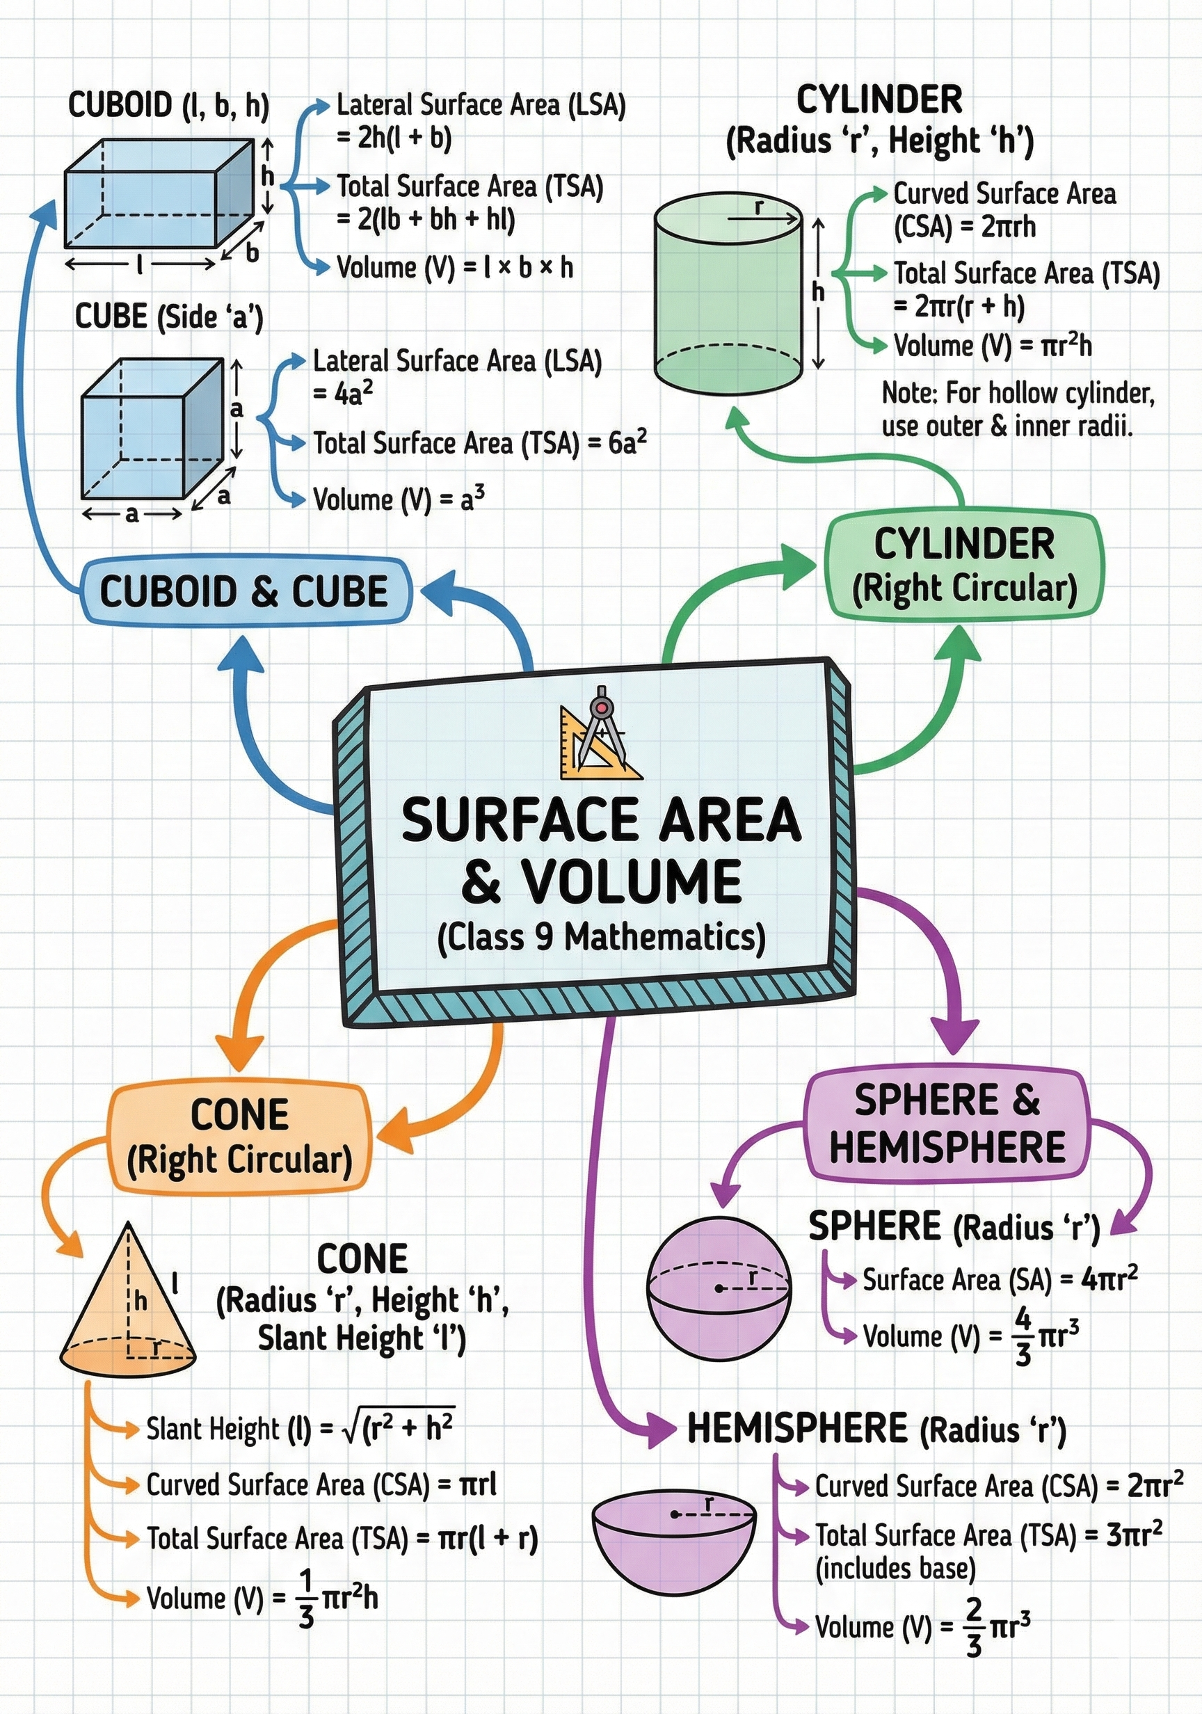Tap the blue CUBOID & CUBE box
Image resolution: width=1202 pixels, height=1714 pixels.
[245, 591]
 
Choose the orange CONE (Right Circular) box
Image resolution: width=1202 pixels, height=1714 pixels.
[239, 1138]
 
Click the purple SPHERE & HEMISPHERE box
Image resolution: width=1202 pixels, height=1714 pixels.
[947, 1124]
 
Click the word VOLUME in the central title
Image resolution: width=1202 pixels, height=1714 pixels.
[631, 881]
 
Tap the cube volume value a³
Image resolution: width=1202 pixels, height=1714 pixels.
[472, 498]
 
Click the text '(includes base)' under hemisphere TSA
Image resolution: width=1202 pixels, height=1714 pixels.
[895, 1569]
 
